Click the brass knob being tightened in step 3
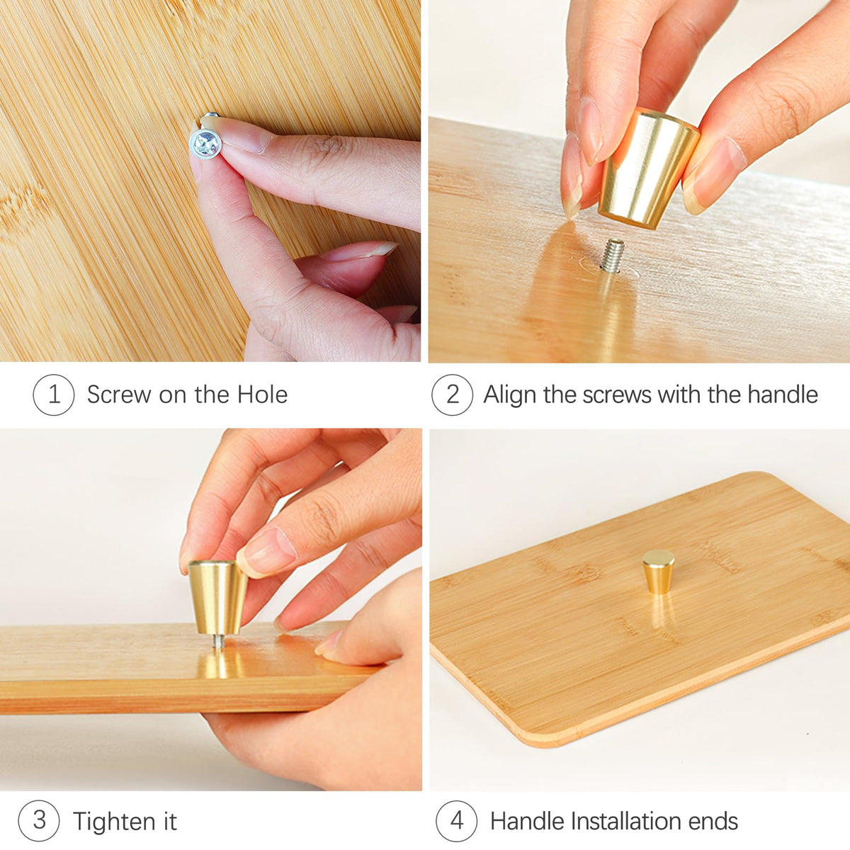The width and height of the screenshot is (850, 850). click(x=218, y=597)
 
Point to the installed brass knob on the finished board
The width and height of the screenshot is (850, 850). click(x=659, y=571)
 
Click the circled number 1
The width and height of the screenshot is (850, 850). click(x=54, y=395)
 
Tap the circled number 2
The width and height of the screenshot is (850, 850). click(x=453, y=395)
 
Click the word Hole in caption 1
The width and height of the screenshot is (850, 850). click(x=263, y=395)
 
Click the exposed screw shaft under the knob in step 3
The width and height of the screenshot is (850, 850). click(x=218, y=642)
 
